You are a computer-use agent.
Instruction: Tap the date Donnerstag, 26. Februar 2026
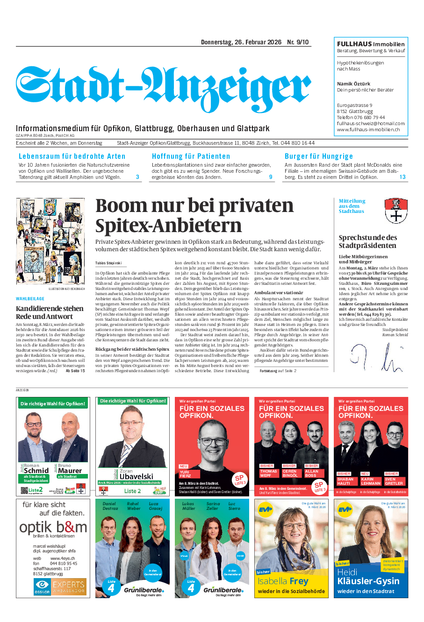(x=241, y=42)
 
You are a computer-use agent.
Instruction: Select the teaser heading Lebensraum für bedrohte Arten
(x=72, y=156)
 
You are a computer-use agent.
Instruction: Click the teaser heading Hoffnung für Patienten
(x=191, y=156)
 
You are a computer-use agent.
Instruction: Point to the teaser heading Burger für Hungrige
(x=318, y=156)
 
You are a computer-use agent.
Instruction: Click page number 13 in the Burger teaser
(x=402, y=177)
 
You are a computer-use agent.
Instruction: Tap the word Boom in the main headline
(x=121, y=206)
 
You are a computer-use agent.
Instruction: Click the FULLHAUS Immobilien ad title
(x=371, y=44)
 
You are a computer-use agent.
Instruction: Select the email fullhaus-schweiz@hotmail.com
(x=371, y=124)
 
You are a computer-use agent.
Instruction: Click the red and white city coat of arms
(x=395, y=210)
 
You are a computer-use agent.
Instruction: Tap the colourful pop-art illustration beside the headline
(x=50, y=241)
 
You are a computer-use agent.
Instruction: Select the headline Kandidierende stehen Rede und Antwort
(x=50, y=312)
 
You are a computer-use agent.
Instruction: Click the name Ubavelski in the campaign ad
(x=136, y=476)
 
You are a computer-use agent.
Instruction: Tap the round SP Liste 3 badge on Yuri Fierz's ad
(x=240, y=480)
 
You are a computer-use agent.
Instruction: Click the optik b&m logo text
(x=53, y=527)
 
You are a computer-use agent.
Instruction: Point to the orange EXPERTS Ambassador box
(x=68, y=587)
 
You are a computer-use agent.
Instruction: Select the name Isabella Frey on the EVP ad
(x=283, y=581)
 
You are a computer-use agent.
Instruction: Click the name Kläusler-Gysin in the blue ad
(x=368, y=581)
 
